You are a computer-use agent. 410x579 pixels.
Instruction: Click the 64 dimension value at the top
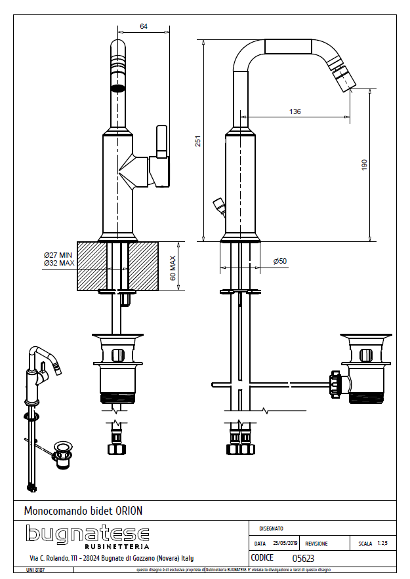point(144,26)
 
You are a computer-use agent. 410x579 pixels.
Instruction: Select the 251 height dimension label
point(196,141)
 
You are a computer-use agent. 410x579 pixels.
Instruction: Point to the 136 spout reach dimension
point(295,111)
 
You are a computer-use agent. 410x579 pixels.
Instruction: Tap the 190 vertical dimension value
point(365,165)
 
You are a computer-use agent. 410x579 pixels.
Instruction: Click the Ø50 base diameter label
point(280,261)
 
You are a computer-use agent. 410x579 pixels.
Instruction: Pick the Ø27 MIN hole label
point(58,254)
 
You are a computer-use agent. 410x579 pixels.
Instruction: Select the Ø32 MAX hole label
point(59,263)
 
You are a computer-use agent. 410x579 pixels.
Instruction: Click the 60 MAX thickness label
point(173,268)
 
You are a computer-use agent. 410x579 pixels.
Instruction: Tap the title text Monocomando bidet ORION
point(83,510)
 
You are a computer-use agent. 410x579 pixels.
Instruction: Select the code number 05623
point(303,559)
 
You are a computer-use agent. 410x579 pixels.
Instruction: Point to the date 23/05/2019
point(286,544)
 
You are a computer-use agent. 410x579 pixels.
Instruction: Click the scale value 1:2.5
point(382,544)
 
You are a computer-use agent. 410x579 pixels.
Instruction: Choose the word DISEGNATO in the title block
point(271,528)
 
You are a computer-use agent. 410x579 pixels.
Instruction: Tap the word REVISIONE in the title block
point(316,544)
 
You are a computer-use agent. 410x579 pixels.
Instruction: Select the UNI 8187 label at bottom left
point(35,570)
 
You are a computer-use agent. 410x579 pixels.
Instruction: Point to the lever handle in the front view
point(161,142)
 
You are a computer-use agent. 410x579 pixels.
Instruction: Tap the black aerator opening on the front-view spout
point(117,87)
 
